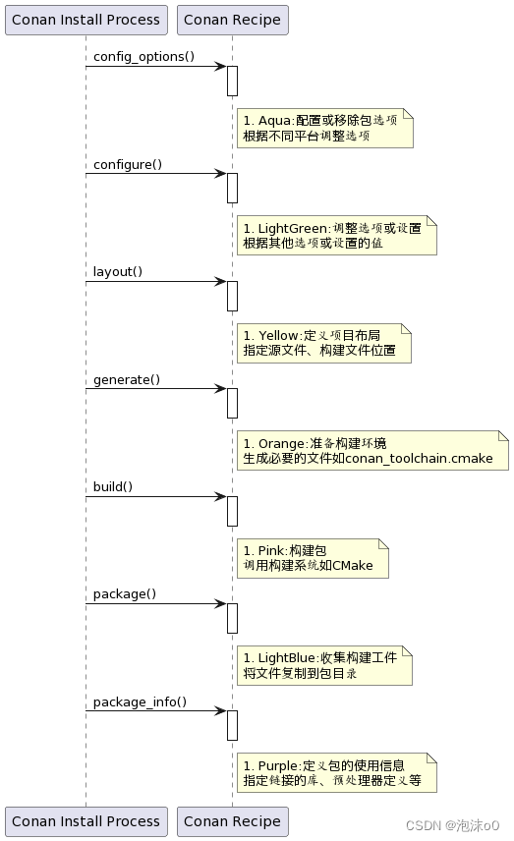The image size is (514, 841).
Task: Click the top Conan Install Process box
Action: tap(86, 20)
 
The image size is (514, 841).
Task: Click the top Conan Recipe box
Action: tap(232, 20)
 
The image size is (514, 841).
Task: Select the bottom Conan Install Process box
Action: tap(86, 821)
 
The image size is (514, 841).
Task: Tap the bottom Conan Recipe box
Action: tap(232, 821)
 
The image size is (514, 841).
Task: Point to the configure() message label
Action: tap(128, 164)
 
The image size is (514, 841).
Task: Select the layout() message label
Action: tap(118, 272)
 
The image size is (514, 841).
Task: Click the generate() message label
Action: tap(127, 379)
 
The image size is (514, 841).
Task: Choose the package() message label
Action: tap(125, 594)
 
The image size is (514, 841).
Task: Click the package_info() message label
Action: tap(140, 702)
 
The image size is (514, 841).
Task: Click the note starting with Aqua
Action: tap(324, 129)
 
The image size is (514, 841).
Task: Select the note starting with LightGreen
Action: tap(336, 236)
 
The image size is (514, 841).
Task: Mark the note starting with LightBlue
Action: tap(323, 666)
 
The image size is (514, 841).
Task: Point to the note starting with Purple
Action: tap(336, 773)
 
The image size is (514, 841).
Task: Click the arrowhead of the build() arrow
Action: tap(221, 497)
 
